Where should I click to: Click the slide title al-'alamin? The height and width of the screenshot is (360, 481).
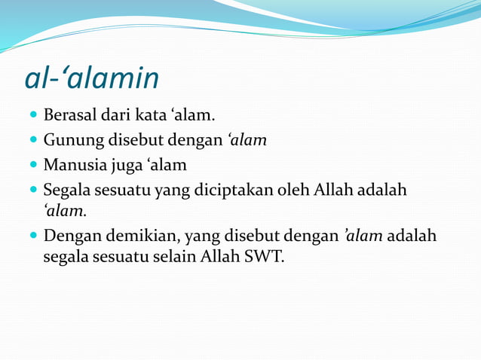pos(91,78)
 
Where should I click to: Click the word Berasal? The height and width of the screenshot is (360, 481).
pos(69,117)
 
